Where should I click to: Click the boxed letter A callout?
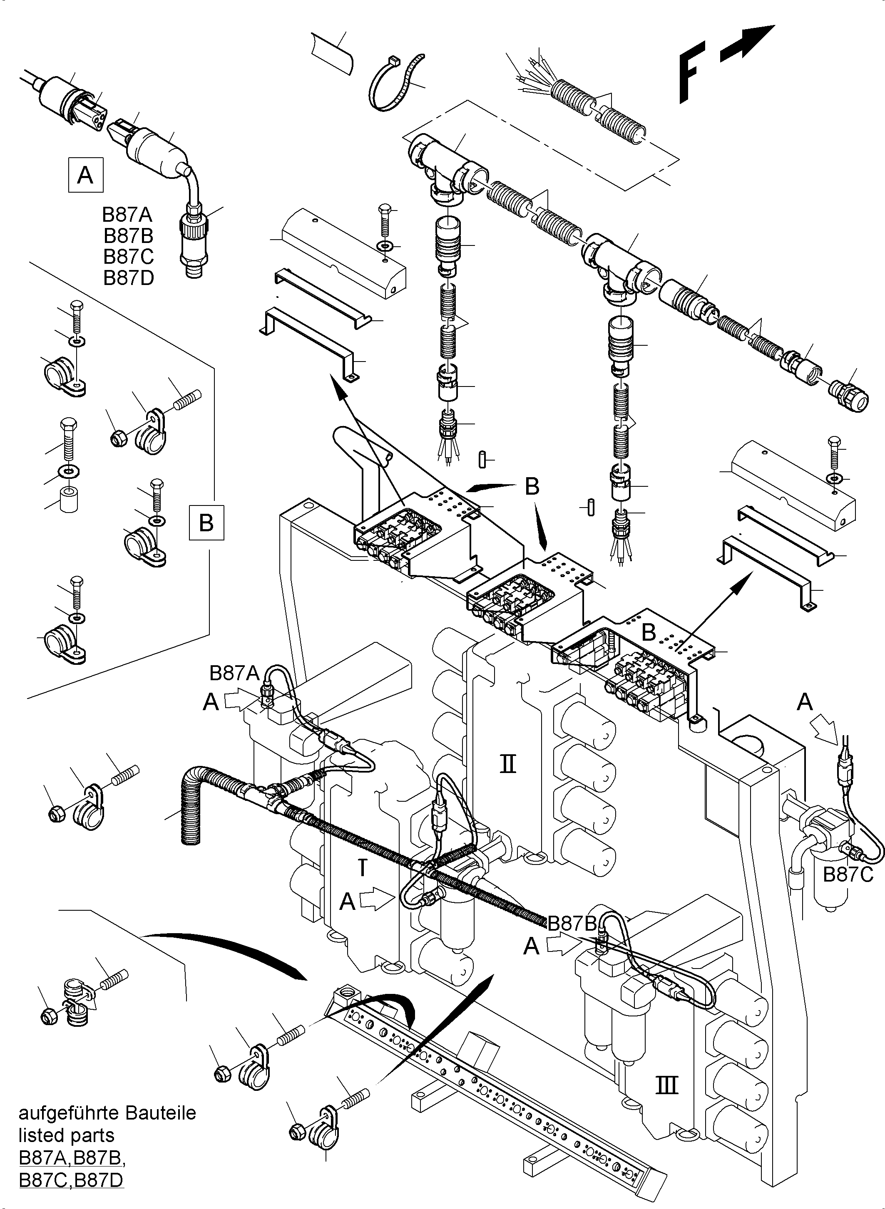pos(86,175)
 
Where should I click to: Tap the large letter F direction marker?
pos(691,75)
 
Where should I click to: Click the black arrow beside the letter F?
pos(747,43)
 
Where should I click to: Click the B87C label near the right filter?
pos(848,875)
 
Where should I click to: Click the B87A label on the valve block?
pos(234,673)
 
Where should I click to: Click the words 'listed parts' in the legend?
pos(67,1135)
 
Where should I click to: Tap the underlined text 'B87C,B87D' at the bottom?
pos(71,1179)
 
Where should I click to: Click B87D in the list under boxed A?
pos(129,278)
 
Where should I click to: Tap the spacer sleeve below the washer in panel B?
pos(69,500)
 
